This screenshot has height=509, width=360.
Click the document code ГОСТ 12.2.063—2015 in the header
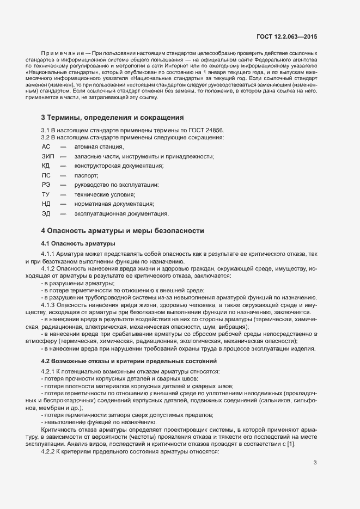(286, 36)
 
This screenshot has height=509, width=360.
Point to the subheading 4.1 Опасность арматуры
(78, 243)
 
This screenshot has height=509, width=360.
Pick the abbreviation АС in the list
(46, 146)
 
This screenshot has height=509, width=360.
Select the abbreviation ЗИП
(47, 156)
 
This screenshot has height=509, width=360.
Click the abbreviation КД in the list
(46, 165)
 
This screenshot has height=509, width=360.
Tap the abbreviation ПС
(46, 175)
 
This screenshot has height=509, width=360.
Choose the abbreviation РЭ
(46, 185)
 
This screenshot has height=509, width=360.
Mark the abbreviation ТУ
(46, 194)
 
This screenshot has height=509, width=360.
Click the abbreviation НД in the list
(46, 204)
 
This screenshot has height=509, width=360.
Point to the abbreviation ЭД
(46, 213)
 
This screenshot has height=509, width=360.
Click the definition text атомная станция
(99, 146)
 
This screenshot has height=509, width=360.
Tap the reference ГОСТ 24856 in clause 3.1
(205, 130)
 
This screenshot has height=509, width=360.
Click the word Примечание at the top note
(55, 53)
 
